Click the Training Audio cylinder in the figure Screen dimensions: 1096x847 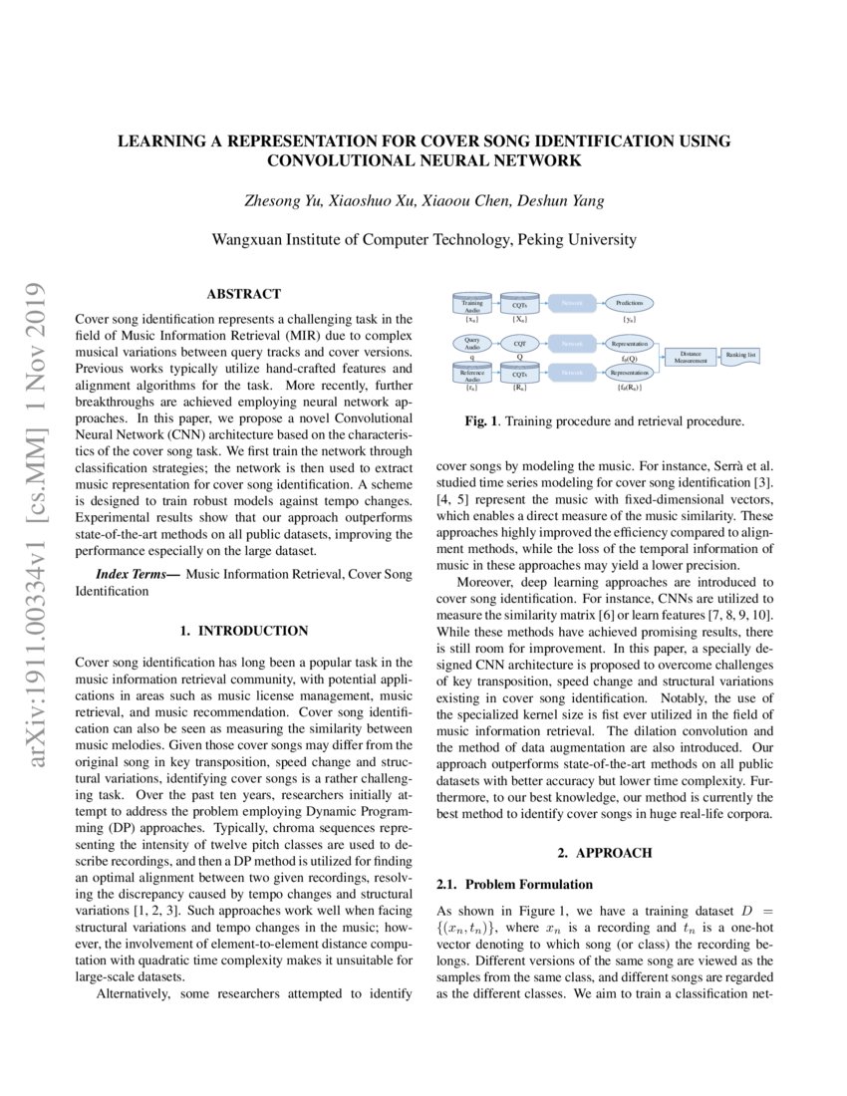point(472,304)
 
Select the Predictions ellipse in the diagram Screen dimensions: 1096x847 point(630,302)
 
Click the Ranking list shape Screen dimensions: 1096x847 point(740,354)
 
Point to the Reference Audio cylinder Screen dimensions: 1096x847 point(472,374)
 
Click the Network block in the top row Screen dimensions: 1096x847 point(571,302)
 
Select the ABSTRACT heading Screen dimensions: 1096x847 point(243,294)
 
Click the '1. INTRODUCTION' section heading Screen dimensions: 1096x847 point(243,631)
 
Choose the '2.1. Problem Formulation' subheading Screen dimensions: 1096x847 point(515,884)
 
